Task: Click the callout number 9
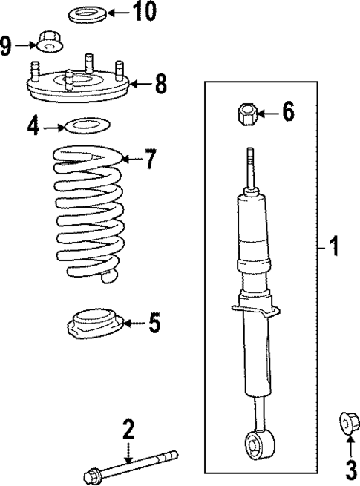click(x=7, y=47)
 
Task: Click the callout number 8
click(x=161, y=84)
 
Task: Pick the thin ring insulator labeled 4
click(x=86, y=125)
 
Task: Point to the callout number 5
click(x=154, y=323)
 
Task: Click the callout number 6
click(x=287, y=112)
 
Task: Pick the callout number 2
click(x=128, y=429)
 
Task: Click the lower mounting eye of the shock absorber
click(x=255, y=447)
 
